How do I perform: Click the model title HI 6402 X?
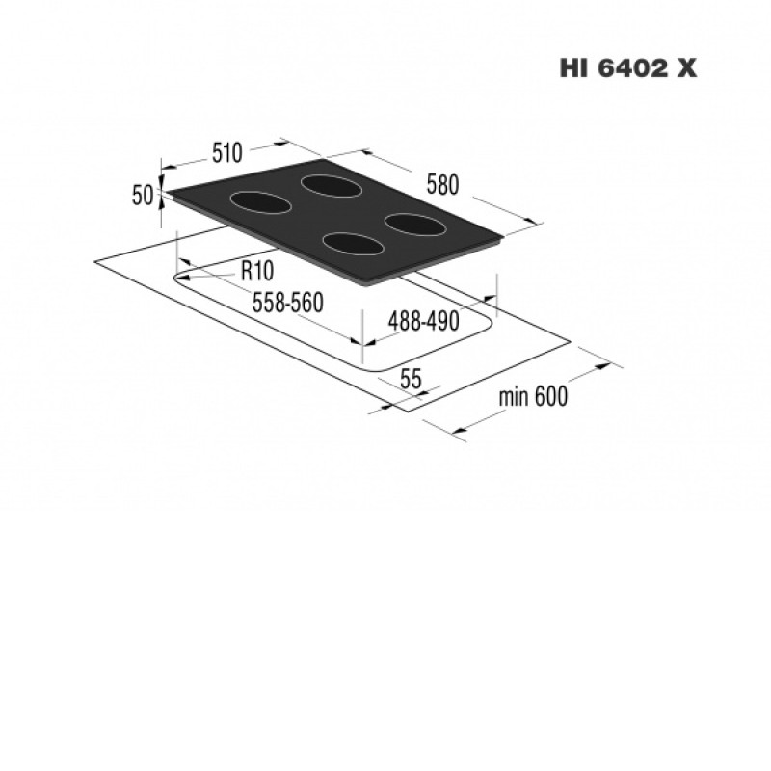tap(628, 68)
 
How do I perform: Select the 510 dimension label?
tap(227, 152)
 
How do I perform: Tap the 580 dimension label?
tap(442, 185)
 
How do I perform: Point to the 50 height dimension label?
tap(143, 196)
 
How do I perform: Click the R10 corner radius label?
tap(257, 271)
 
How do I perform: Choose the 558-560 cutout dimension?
tap(287, 303)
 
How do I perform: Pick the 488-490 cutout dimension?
tap(423, 322)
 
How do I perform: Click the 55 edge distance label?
tap(412, 379)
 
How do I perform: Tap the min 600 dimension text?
tap(533, 396)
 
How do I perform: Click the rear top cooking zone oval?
tap(332, 187)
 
